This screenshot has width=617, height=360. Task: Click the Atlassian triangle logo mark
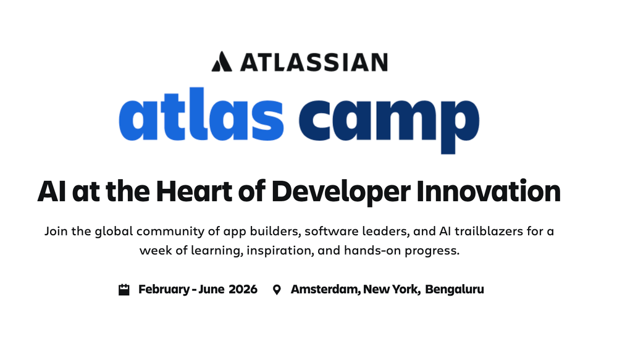[x=222, y=62]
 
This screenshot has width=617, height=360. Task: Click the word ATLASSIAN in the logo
[x=314, y=62]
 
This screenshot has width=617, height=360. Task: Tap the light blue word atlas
[x=201, y=114]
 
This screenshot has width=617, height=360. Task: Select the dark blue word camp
[x=388, y=120]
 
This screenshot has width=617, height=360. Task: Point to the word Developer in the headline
[x=341, y=193]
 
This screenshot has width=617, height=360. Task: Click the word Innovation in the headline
[x=489, y=191]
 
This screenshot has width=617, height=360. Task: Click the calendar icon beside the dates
[x=124, y=290]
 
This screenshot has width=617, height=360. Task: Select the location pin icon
[x=277, y=290]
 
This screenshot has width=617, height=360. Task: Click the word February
[x=164, y=290]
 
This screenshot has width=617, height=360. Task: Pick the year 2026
[x=243, y=290]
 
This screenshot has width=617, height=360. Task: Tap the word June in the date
[x=211, y=290]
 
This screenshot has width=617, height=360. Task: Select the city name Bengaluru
[x=455, y=290]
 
